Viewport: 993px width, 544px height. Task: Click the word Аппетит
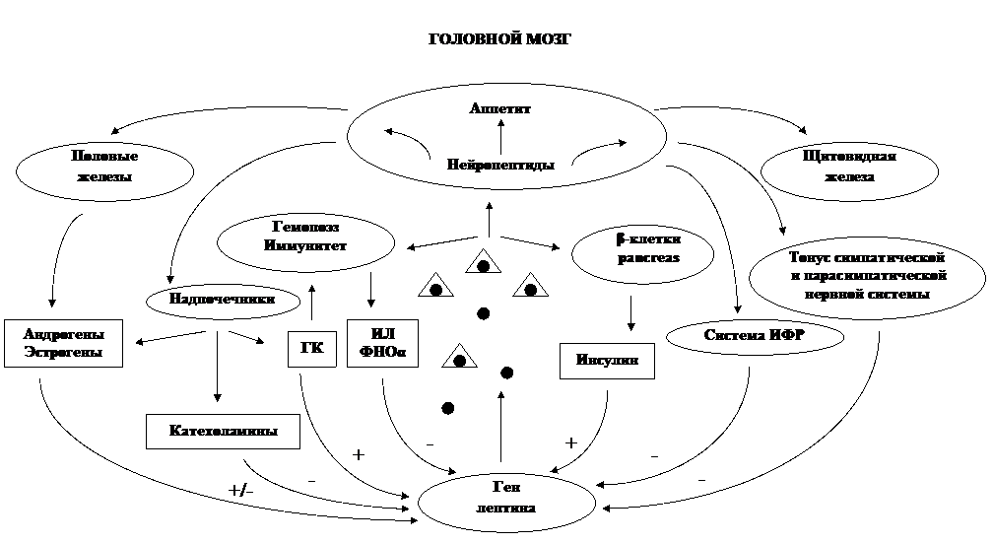click(x=500, y=108)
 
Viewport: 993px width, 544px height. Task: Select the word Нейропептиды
click(x=500, y=165)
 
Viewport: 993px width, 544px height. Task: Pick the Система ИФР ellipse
click(x=756, y=336)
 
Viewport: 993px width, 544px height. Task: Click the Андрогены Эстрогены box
click(x=63, y=342)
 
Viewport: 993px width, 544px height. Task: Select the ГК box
click(x=312, y=349)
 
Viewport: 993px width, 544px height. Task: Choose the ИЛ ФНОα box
click(x=382, y=343)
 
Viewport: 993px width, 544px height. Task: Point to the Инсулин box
click(x=607, y=361)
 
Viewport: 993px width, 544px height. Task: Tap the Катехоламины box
click(x=223, y=432)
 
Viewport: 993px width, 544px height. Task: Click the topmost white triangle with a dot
click(x=483, y=263)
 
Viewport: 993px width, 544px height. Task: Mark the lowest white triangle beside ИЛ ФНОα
click(x=458, y=358)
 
